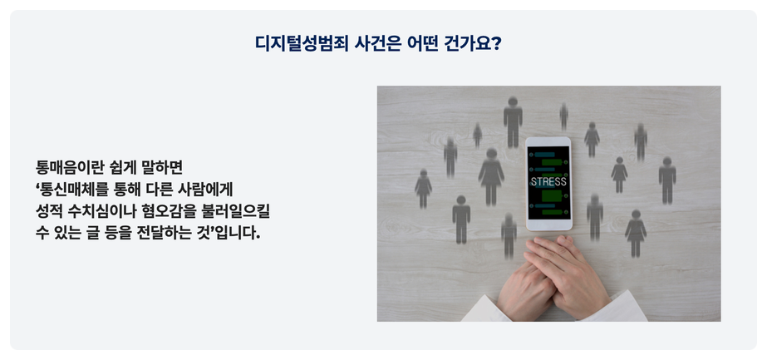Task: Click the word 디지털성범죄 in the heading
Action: tap(302, 44)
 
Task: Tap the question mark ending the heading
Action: tap(496, 44)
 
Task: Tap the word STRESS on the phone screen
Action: tap(548, 181)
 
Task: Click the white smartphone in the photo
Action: tap(548, 184)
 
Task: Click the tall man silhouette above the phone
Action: tap(513, 121)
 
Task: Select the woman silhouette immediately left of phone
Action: tap(491, 176)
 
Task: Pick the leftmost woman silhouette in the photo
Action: tap(423, 189)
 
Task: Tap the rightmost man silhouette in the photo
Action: tap(667, 180)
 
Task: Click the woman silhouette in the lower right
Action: tap(636, 234)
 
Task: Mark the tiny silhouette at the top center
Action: tap(563, 116)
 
